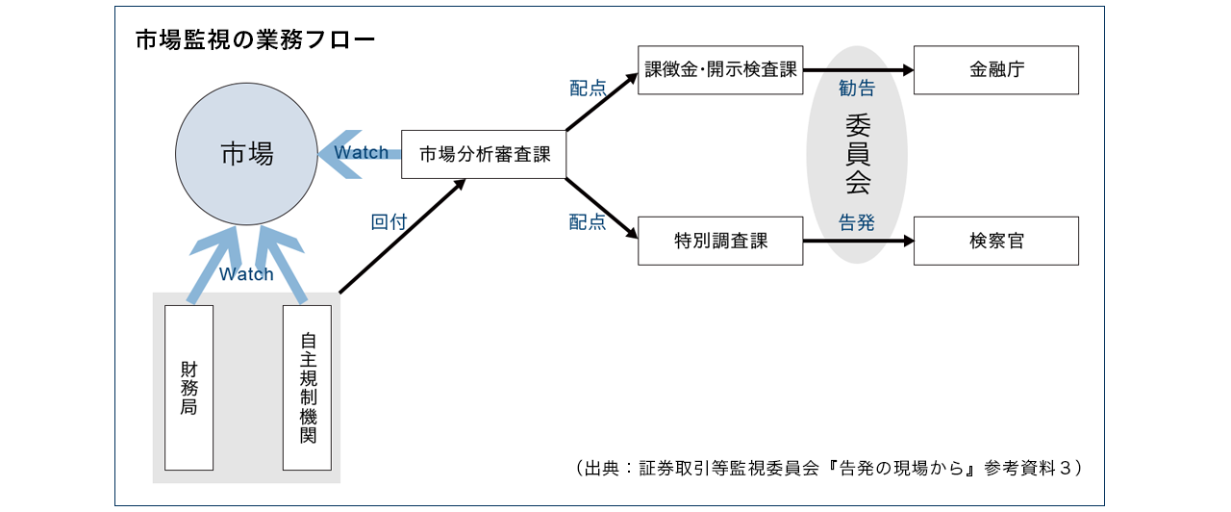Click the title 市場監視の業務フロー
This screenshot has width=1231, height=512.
click(254, 40)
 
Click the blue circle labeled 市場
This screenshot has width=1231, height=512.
click(247, 154)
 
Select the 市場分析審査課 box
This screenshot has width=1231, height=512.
click(483, 154)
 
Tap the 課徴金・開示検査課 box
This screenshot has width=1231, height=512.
click(720, 70)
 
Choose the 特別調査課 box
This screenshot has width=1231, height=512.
click(720, 241)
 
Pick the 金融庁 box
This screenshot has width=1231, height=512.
click(995, 70)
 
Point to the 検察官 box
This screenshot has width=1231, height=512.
click(995, 241)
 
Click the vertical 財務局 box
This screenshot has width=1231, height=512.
click(188, 387)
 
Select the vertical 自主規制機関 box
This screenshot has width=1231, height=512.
click(307, 387)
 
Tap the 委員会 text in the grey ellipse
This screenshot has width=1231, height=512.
click(857, 154)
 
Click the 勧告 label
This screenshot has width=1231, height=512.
click(857, 90)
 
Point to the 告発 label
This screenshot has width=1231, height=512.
click(857, 222)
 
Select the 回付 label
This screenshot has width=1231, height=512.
click(389, 222)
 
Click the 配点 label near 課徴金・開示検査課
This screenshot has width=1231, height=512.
click(588, 90)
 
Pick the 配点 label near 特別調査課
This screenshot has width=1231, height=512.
click(588, 222)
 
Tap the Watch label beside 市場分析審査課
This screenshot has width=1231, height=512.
click(361, 153)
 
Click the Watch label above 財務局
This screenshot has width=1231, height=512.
click(246, 274)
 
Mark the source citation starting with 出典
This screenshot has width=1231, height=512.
click(829, 468)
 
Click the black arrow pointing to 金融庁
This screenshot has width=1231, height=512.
click(859, 70)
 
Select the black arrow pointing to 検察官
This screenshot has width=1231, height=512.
click(859, 241)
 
